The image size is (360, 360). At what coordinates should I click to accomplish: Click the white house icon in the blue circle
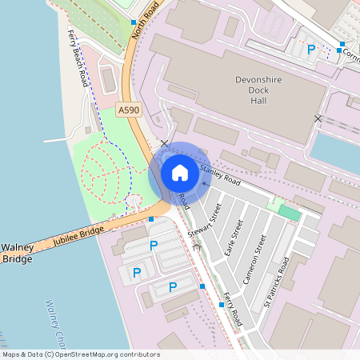point(180,173)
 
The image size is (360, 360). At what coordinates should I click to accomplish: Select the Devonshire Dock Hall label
point(265,90)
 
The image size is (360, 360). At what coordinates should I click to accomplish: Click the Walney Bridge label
point(17,253)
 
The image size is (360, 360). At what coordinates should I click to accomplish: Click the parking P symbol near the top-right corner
point(311,50)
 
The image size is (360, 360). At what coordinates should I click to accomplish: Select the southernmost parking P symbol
point(172,287)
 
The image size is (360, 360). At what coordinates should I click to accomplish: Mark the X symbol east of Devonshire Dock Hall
point(318,118)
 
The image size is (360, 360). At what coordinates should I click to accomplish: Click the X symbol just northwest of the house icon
point(164,144)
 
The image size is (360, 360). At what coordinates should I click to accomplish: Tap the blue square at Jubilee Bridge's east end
point(150,218)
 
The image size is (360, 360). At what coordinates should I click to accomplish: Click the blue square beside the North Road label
point(133,23)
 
